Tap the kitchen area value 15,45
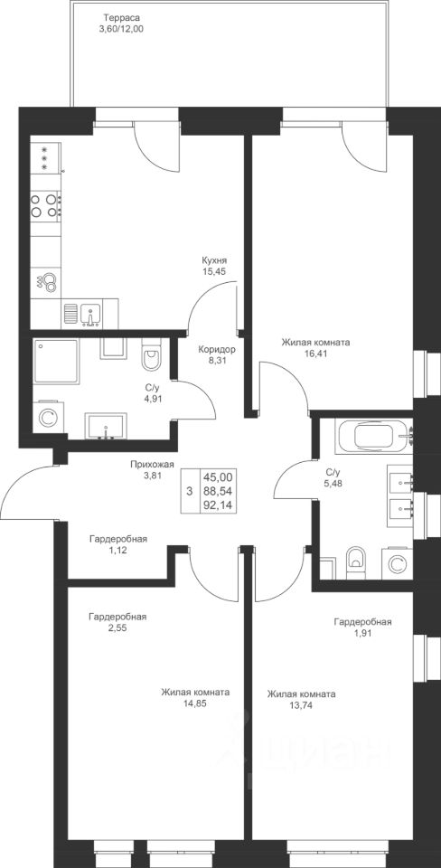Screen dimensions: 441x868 (x=216, y=271)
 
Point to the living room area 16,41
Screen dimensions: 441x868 (x=315, y=354)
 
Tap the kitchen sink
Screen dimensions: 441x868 (x=89, y=315)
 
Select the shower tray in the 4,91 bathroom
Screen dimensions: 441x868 (x=56, y=361)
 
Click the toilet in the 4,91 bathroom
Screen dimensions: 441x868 (x=151, y=354)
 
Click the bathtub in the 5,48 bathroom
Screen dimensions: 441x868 (x=374, y=436)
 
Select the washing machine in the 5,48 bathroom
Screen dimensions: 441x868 (x=396, y=563)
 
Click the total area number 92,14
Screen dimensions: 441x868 (x=218, y=505)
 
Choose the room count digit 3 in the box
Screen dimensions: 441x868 (x=190, y=491)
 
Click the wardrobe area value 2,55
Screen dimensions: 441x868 (x=117, y=628)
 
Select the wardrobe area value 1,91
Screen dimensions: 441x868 (x=362, y=634)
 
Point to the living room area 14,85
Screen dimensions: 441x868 (x=195, y=703)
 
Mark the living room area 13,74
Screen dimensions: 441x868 (x=301, y=704)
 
